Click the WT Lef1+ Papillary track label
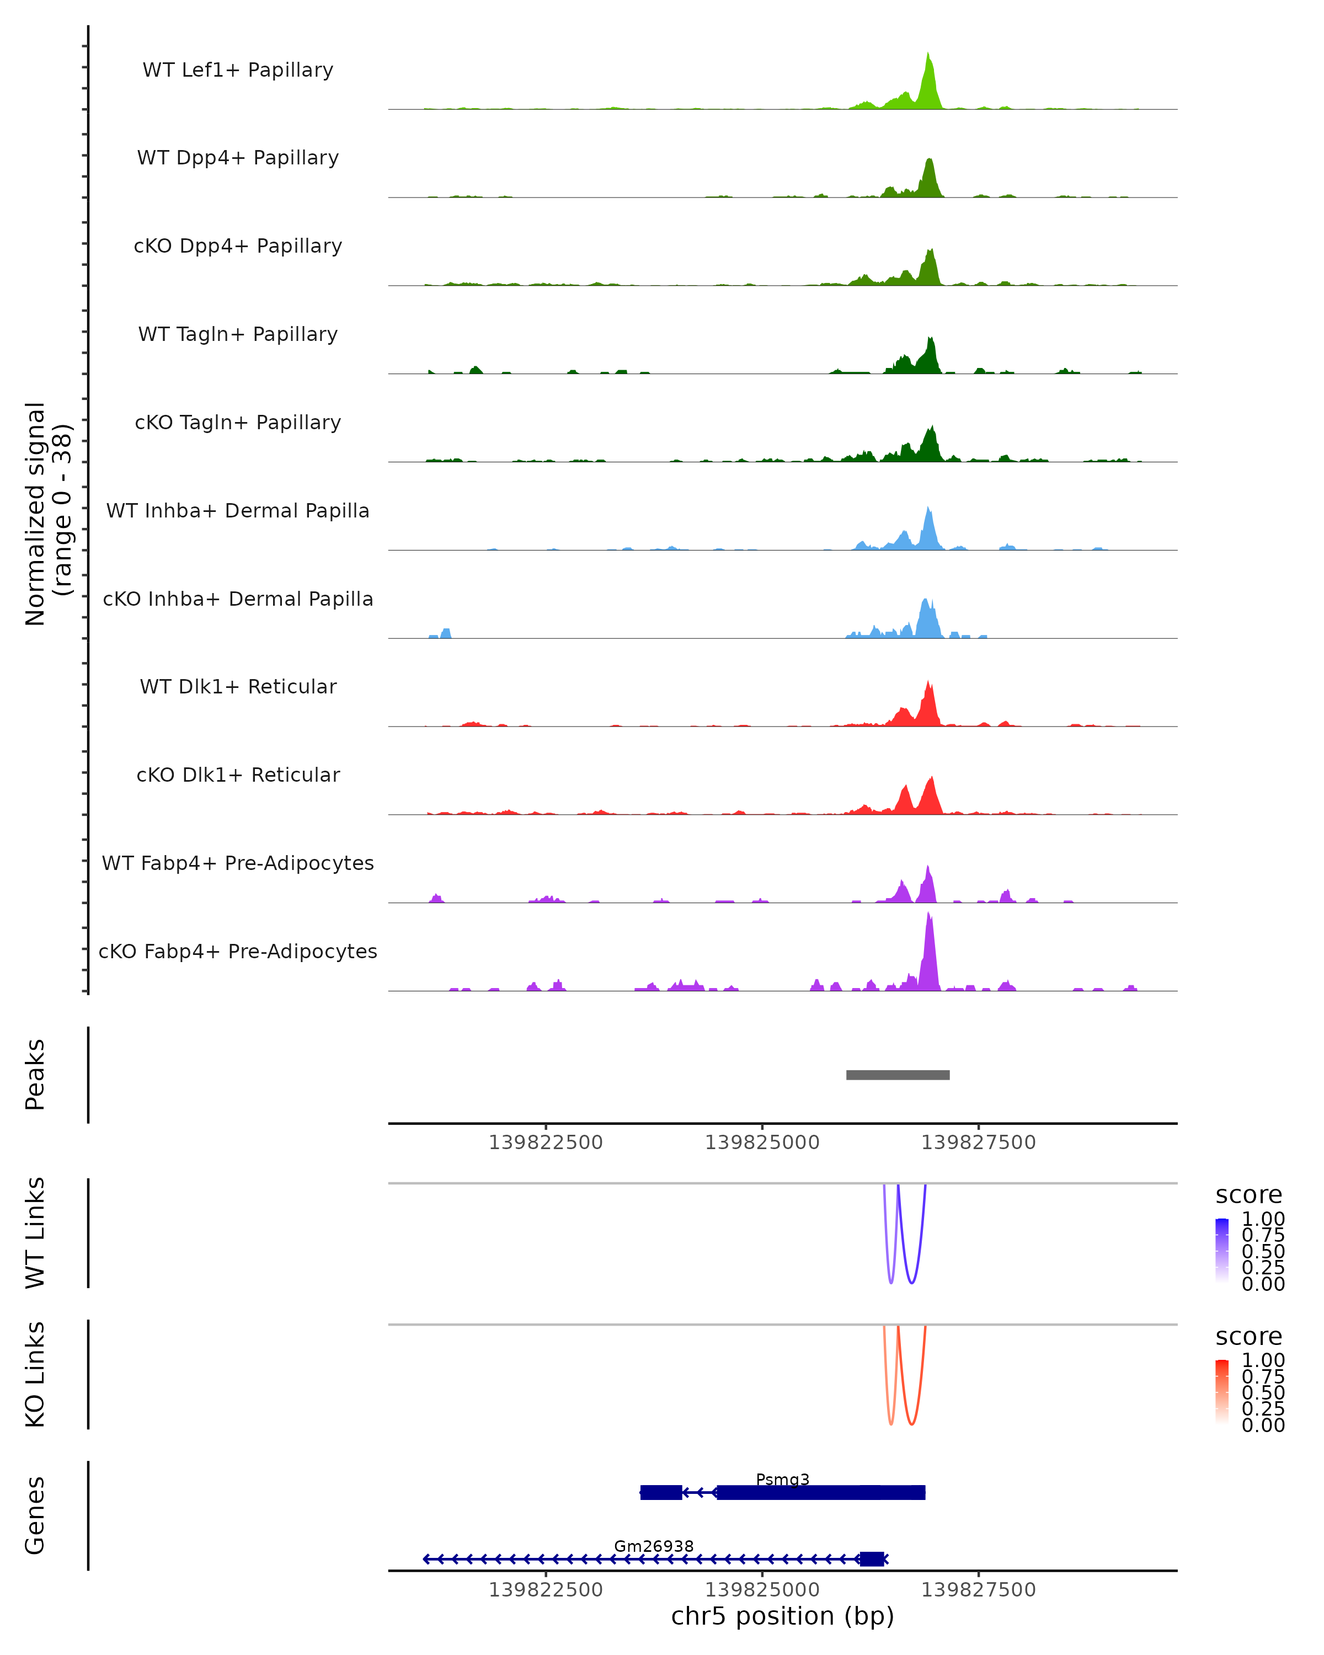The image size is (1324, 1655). tap(238, 70)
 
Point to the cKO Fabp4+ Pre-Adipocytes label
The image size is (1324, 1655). tap(238, 951)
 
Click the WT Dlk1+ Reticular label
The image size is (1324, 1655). tap(238, 686)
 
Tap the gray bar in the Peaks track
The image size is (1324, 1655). tap(897, 1075)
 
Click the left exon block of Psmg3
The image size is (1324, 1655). tap(661, 1492)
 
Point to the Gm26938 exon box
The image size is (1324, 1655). tap(871, 1559)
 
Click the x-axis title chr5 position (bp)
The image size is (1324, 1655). tap(782, 1616)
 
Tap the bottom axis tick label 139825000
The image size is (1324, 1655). tap(762, 1590)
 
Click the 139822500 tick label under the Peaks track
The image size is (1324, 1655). tap(546, 1143)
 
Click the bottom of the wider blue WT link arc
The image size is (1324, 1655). tap(911, 1283)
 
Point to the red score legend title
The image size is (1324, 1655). tap(1248, 1337)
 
